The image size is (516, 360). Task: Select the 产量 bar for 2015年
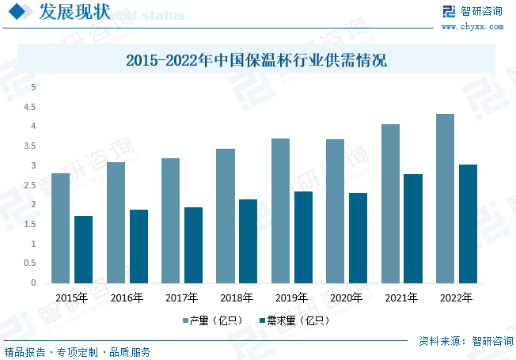(60, 228)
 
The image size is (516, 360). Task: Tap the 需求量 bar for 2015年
(83, 249)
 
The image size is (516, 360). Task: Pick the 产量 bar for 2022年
(445, 198)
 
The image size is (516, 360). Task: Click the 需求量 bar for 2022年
(468, 223)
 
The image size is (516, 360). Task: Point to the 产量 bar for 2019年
(280, 210)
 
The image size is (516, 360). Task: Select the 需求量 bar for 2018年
(248, 241)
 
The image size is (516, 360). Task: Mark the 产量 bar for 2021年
(390, 203)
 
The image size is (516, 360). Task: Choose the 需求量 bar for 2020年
(358, 237)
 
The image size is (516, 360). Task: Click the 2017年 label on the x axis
(181, 298)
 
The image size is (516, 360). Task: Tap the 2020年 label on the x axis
(346, 298)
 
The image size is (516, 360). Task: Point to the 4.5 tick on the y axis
(32, 106)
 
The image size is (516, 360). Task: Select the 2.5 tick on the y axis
(32, 185)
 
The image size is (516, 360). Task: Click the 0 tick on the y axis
(33, 282)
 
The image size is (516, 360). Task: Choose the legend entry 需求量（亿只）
(293, 321)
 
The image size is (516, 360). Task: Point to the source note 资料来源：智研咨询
(465, 341)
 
